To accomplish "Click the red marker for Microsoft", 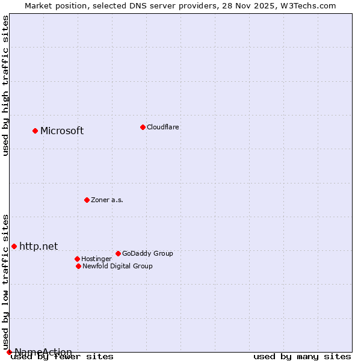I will pyautogui.click(x=35, y=131).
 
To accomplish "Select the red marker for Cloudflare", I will pyautogui.click(x=143, y=127).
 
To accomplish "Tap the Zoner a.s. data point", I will pyautogui.click(x=87, y=200).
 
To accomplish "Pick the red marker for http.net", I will pyautogui.click(x=14, y=246).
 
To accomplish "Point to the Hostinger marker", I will pyautogui.click(x=77, y=259).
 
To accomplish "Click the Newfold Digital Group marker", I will pyautogui.click(x=78, y=266).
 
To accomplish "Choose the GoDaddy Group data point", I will pyautogui.click(x=118, y=253).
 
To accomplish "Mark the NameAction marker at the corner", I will pyautogui.click(x=9, y=352).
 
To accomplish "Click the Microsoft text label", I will pyautogui.click(x=62, y=131).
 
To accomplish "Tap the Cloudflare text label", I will pyautogui.click(x=163, y=128).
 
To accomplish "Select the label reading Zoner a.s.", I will pyautogui.click(x=107, y=200).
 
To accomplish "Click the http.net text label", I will pyautogui.click(x=39, y=246).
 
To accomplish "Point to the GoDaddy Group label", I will pyautogui.click(x=147, y=254).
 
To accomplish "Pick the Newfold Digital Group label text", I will pyautogui.click(x=117, y=267).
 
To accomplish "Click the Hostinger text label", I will pyautogui.click(x=96, y=259).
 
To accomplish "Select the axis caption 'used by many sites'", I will pyautogui.click(x=302, y=357).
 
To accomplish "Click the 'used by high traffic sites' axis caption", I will pyautogui.click(x=6, y=85).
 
